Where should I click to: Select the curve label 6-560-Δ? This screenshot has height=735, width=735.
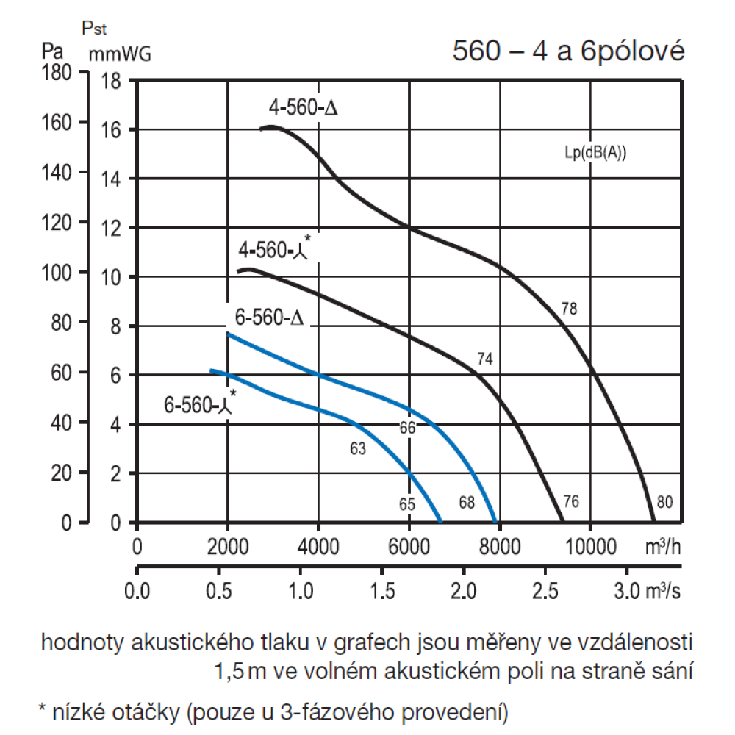[270, 318]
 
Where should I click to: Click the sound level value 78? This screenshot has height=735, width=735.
[569, 309]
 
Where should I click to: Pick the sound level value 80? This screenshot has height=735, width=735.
[664, 503]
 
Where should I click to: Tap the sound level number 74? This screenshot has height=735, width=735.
[484, 359]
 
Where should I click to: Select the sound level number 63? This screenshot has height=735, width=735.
[358, 447]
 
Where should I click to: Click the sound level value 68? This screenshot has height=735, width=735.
[467, 503]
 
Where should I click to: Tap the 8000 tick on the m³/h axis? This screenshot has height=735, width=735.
[499, 548]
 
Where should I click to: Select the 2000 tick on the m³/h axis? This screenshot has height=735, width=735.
[228, 548]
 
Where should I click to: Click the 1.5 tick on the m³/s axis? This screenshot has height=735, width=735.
[381, 591]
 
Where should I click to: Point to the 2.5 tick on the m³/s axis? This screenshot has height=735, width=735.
[545, 591]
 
